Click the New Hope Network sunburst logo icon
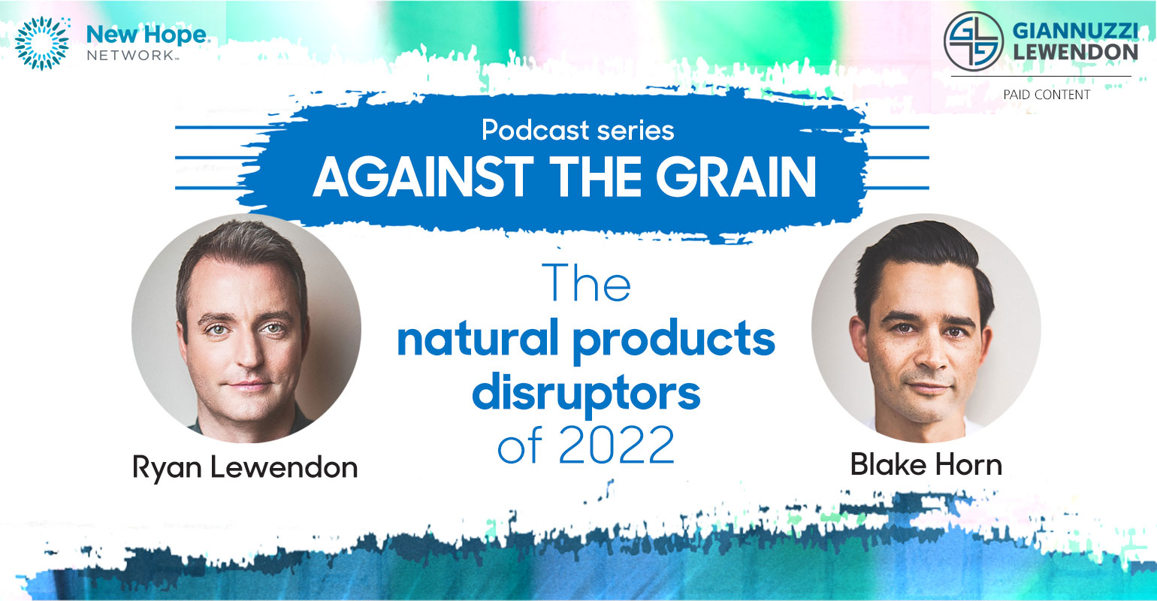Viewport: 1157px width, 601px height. (42, 43)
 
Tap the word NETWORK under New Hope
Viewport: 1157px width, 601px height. (131, 56)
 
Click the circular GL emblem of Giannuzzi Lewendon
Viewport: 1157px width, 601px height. (973, 41)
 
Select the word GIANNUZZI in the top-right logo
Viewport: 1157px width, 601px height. (1075, 31)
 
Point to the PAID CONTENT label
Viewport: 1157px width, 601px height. (1047, 95)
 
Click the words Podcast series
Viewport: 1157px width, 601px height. (578, 130)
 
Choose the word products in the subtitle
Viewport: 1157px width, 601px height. (675, 341)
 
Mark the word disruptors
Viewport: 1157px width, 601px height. (586, 395)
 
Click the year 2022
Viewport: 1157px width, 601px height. (617, 445)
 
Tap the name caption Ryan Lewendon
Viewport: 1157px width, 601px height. (245, 467)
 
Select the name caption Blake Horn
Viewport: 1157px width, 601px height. (926, 464)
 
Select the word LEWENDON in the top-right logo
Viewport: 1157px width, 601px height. (1075, 52)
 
